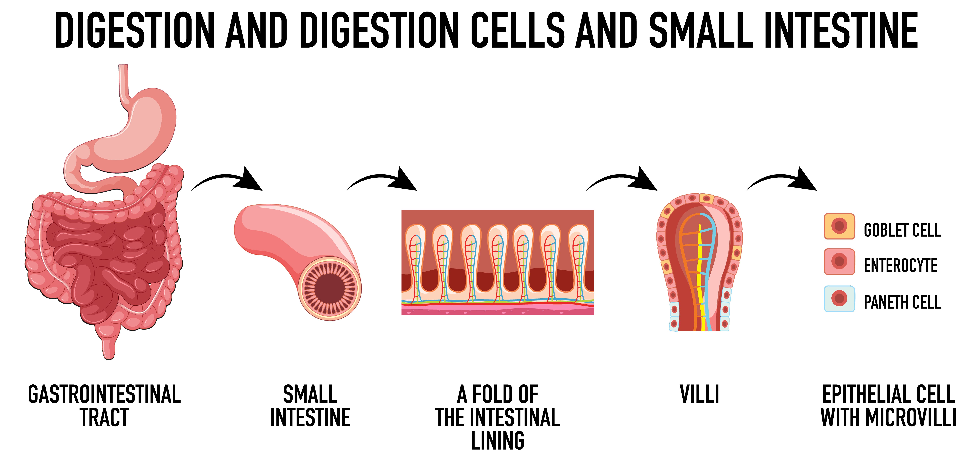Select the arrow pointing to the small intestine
point(228,181)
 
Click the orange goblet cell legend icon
point(839,226)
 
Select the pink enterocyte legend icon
point(839,262)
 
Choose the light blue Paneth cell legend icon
point(839,299)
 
